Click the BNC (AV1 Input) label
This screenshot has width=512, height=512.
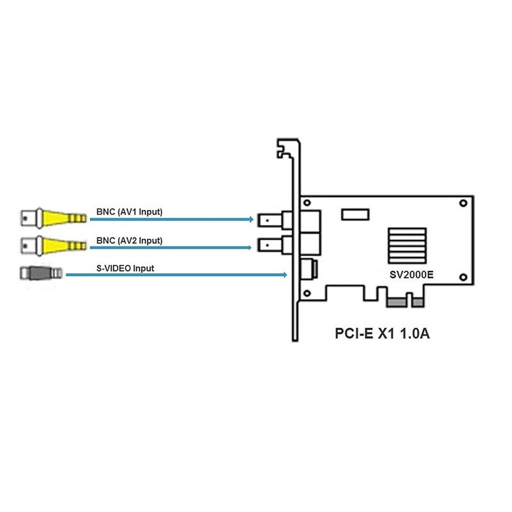coord(129,211)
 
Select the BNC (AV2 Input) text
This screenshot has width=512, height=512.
coord(129,240)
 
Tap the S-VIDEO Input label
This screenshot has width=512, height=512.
coord(125,268)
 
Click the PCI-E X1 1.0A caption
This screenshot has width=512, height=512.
coord(382,333)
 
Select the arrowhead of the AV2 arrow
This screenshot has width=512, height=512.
coord(249,247)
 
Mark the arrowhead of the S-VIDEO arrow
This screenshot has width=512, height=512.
coord(284,274)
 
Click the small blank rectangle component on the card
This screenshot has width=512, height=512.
coord(355,214)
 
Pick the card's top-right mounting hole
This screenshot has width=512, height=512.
coord(463,203)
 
